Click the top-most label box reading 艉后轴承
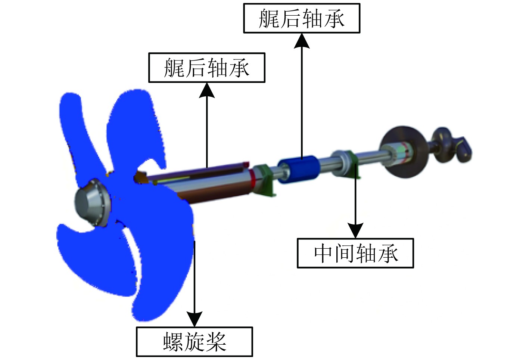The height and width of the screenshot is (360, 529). click(x=301, y=18)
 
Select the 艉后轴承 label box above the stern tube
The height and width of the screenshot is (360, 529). click(x=206, y=68)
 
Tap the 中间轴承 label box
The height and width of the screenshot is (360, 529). click(x=355, y=253)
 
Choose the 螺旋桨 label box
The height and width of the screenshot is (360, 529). click(x=194, y=341)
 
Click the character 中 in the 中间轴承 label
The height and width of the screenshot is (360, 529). click(x=323, y=253)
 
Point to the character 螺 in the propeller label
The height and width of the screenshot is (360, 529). click(x=173, y=342)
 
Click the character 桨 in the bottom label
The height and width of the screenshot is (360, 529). click(x=216, y=342)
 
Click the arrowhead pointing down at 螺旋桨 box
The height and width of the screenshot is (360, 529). click(x=194, y=319)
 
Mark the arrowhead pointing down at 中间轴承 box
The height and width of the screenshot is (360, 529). click(x=355, y=230)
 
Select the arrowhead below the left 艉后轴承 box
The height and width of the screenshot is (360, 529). click(x=206, y=90)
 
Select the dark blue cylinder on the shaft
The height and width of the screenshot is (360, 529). click(x=299, y=169)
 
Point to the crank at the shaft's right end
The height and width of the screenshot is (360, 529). click(x=452, y=144)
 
